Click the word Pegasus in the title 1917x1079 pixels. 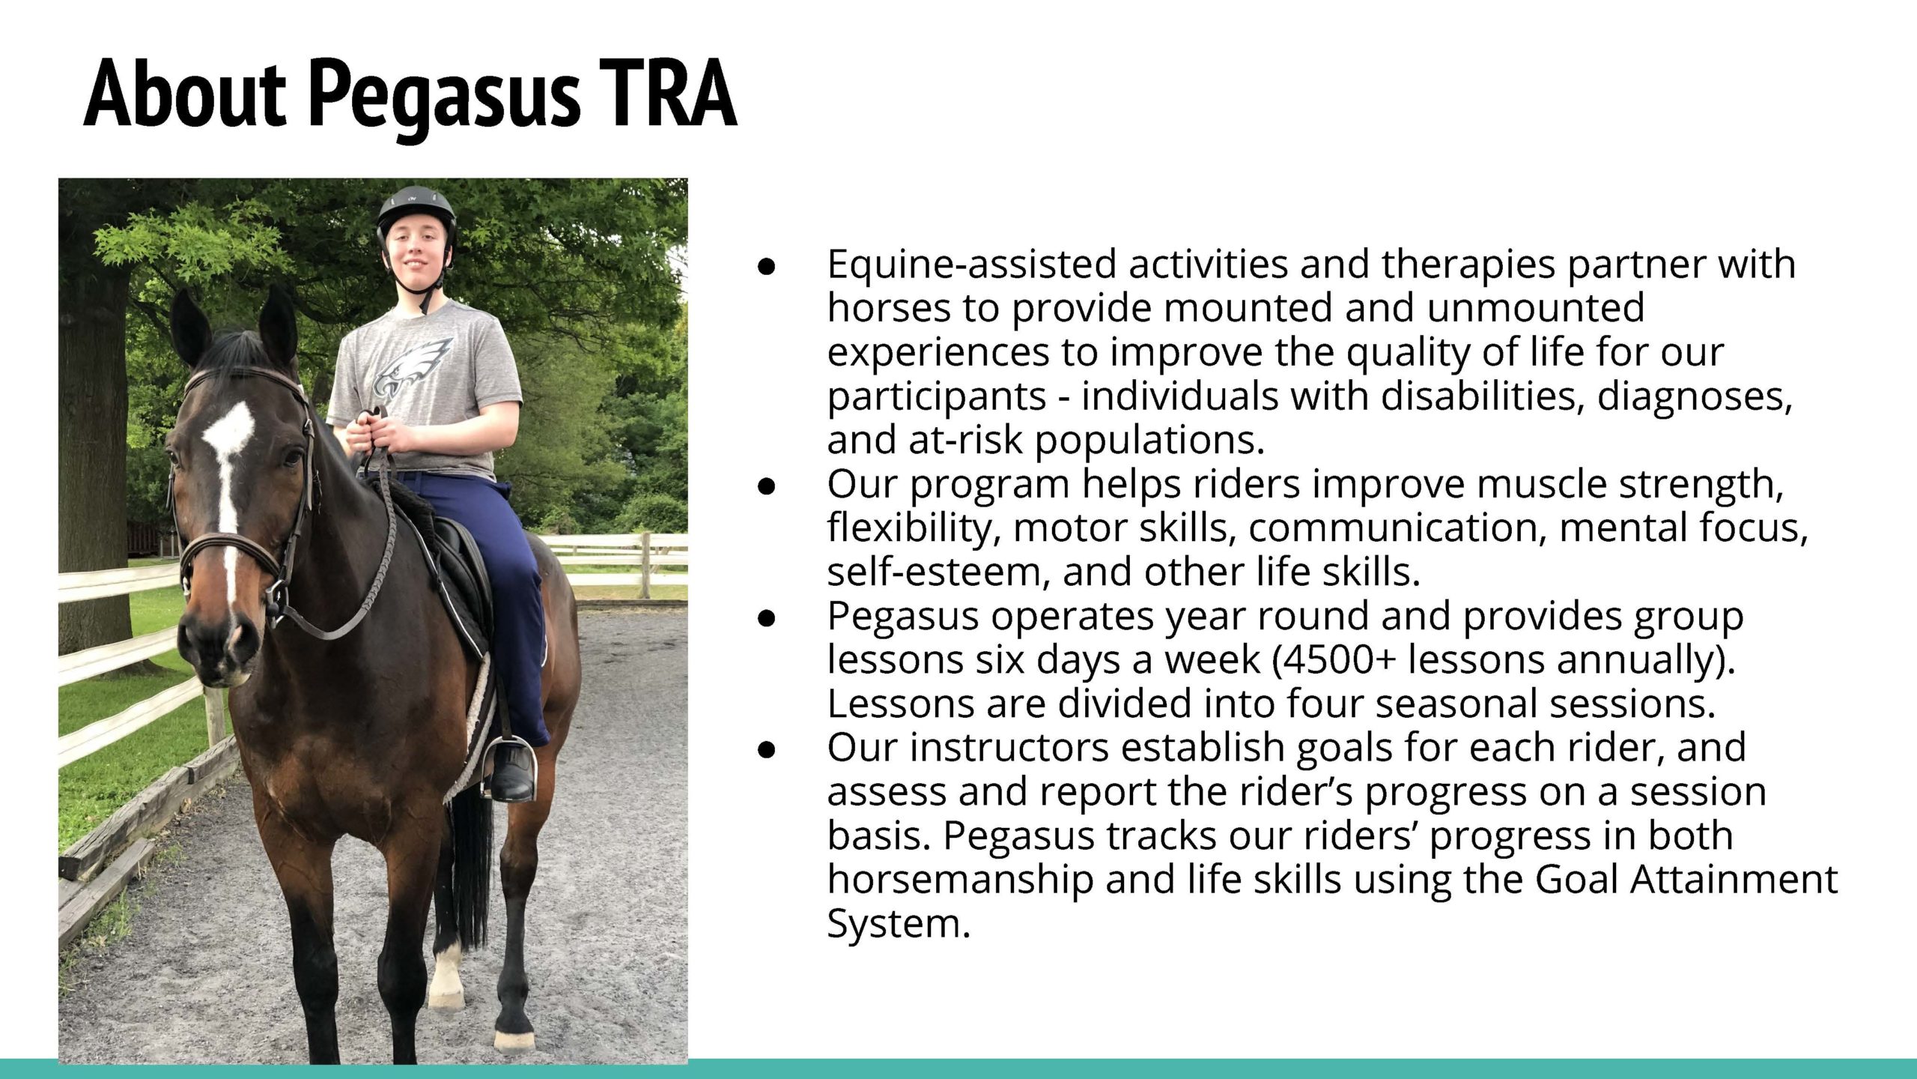point(445,96)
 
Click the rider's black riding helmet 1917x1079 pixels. point(416,213)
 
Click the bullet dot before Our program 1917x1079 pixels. point(765,486)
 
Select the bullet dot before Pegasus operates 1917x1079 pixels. point(765,618)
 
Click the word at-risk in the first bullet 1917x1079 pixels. point(965,440)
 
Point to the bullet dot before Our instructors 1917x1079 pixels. point(765,750)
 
